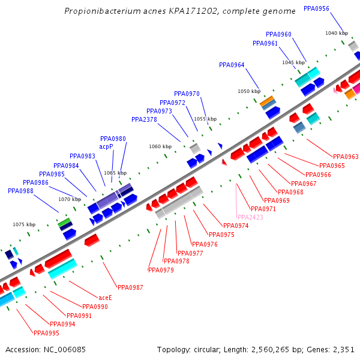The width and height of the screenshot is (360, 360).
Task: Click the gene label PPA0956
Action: (316, 8)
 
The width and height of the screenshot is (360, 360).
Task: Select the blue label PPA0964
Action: (232, 65)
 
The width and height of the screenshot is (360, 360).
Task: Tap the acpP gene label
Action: (106, 146)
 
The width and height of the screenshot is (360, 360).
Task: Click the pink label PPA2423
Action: (250, 217)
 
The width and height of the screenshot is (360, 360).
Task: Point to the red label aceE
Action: (105, 297)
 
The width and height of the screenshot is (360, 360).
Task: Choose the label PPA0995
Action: (46, 333)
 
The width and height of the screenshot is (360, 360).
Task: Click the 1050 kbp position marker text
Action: (249, 91)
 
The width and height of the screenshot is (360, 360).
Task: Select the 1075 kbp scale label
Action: (24, 224)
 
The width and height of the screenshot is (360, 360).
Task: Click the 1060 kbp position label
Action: (160, 146)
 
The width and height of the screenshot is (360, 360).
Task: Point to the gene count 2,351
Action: (343, 349)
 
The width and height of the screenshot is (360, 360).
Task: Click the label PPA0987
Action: (130, 287)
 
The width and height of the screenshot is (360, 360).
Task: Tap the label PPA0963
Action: (346, 157)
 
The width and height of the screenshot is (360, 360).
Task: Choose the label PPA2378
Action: (144, 119)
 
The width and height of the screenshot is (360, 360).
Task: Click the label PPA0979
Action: (160, 270)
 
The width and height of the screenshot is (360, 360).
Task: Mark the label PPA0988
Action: (20, 191)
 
